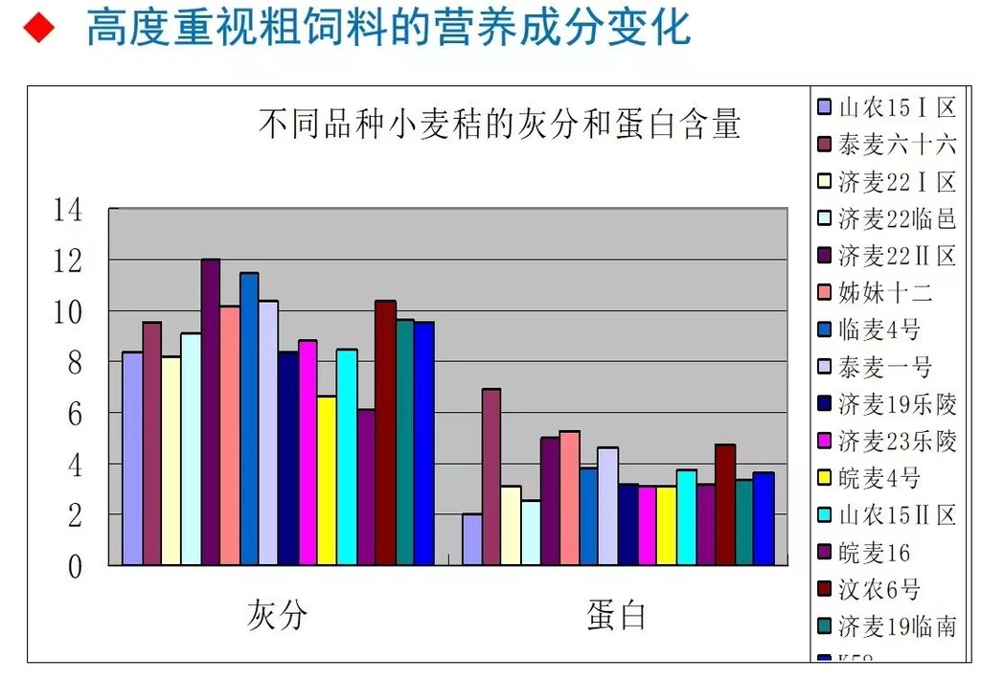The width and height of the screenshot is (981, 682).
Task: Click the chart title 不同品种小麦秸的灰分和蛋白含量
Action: (x=499, y=125)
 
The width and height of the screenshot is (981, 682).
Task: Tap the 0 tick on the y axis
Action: (x=75, y=566)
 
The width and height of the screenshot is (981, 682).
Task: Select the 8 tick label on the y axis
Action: (x=75, y=362)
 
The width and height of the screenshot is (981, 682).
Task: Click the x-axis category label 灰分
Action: (x=278, y=614)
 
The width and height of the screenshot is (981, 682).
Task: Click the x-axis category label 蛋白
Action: (x=616, y=614)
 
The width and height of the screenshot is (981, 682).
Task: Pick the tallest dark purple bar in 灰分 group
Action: (x=211, y=412)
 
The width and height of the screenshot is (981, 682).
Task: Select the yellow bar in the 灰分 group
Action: (x=327, y=480)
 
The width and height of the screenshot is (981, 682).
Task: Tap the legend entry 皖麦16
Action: (x=873, y=553)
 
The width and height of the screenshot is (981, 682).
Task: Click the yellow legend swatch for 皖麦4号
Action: (x=825, y=478)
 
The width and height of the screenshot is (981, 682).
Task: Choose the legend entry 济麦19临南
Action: (x=896, y=626)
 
